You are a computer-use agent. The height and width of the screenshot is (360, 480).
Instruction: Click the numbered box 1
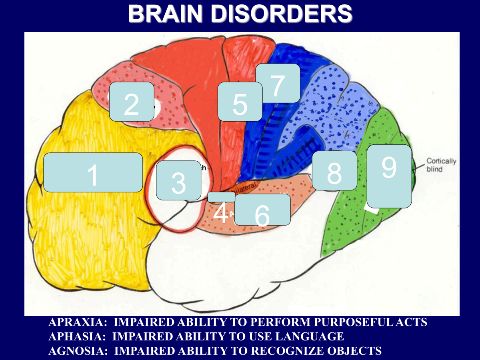(x=93, y=172)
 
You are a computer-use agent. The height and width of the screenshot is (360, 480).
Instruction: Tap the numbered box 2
(x=132, y=102)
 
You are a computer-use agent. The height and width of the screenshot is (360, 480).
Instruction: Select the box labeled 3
(x=178, y=180)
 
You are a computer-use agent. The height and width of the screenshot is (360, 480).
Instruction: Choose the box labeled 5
(x=240, y=102)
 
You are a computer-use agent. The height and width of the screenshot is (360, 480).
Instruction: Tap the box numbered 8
(x=334, y=170)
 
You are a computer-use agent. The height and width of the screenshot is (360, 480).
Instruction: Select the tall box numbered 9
(x=389, y=176)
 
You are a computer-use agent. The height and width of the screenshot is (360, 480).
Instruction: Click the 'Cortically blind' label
(x=441, y=165)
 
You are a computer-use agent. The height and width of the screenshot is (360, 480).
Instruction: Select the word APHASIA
(x=74, y=336)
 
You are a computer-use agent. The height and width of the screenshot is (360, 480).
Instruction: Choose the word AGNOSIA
(x=75, y=351)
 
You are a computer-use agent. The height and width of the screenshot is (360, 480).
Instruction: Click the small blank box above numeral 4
(x=221, y=197)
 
